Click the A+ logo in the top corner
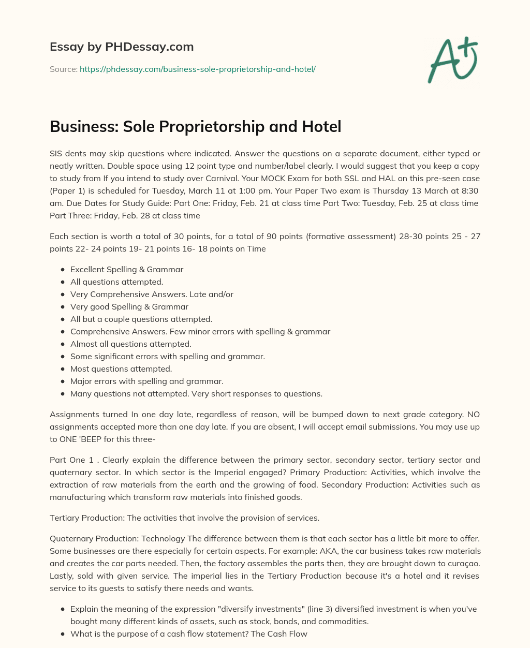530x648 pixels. point(452,60)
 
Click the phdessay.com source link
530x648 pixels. point(197,69)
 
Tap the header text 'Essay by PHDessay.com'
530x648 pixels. point(122,47)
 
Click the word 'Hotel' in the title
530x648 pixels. point(322,126)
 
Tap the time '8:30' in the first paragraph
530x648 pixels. point(468,190)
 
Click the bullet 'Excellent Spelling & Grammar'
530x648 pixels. point(127,269)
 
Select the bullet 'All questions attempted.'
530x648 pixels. point(116,282)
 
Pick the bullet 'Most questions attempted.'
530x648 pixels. point(121,369)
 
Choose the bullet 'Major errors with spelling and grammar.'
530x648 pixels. point(146,381)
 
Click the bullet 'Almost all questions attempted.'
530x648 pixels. point(130,344)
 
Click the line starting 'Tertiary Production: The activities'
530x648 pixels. point(184,518)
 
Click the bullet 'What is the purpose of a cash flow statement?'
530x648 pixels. point(189,634)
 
